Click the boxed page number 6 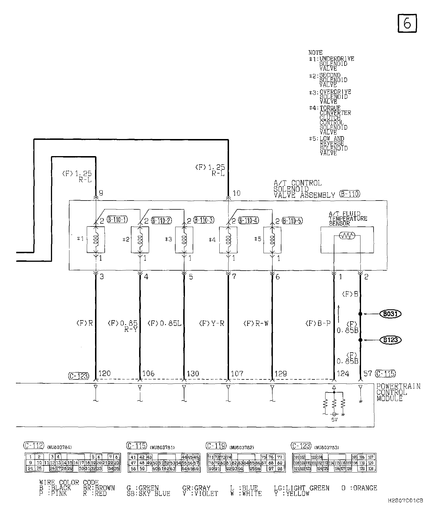407,23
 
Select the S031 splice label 390,314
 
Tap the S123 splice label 390,340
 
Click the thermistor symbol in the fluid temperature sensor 347,236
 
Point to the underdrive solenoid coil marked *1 96,240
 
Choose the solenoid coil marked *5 273,240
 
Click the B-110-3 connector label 204,220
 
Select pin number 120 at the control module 104,373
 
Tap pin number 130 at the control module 193,373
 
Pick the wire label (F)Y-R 212,323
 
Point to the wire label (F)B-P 318,323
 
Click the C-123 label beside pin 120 79,376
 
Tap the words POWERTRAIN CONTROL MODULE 398,392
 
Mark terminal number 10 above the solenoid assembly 236,193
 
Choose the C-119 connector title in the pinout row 216,446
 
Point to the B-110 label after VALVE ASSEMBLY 349,194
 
